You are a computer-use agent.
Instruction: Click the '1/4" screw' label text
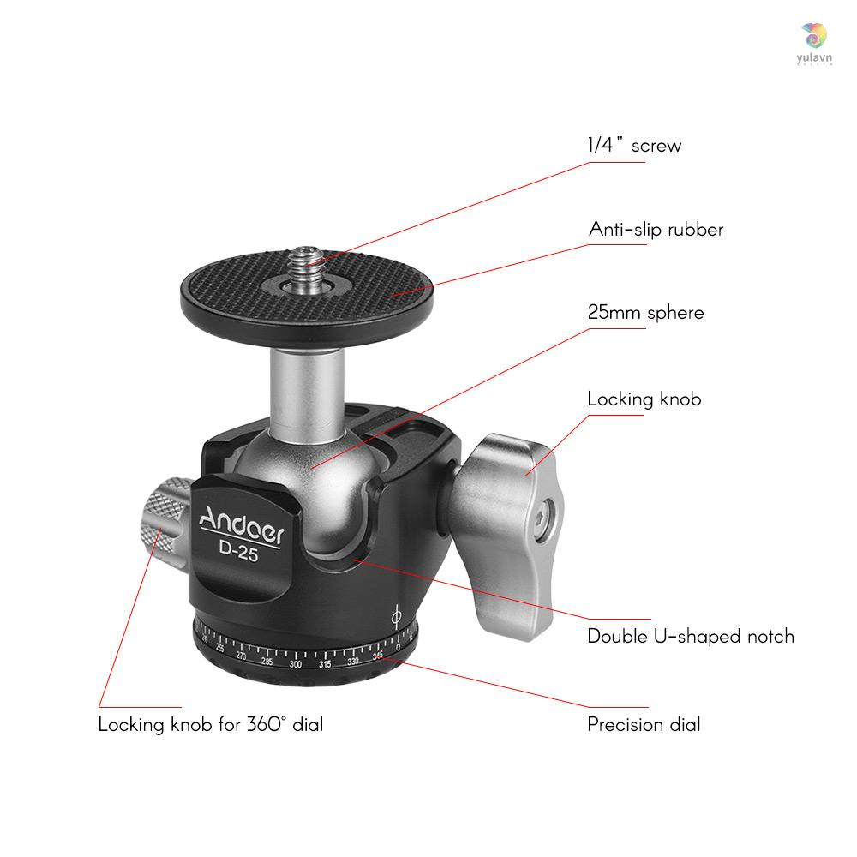634,146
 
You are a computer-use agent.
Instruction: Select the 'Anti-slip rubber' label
656,230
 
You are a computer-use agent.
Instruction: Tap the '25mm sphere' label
645,312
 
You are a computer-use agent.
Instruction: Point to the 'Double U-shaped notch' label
690,636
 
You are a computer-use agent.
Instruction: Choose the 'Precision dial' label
644,725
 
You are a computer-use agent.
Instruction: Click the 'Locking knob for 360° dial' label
210,725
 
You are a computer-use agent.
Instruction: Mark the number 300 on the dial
296,664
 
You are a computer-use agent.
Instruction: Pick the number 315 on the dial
325,665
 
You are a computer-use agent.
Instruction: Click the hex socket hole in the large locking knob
540,518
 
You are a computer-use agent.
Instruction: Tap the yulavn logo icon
814,36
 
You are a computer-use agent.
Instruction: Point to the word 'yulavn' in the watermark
813,57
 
